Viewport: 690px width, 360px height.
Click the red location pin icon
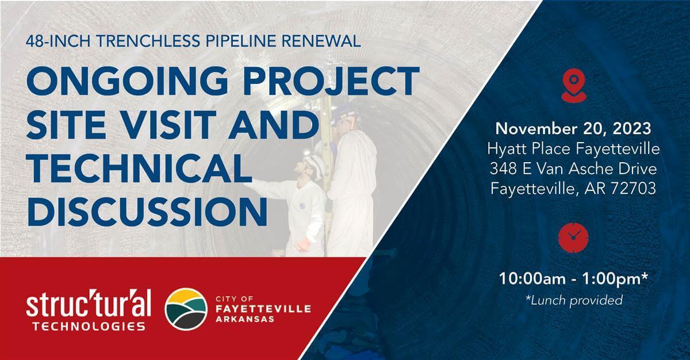pos(574,85)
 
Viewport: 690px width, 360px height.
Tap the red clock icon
pos(573,238)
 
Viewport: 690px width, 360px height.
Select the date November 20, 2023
pos(573,129)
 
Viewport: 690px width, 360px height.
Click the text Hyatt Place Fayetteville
pos(573,149)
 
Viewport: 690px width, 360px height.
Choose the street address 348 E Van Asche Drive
pos(573,168)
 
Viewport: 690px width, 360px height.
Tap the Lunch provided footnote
pos(574,300)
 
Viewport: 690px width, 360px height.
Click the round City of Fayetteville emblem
pos(186,309)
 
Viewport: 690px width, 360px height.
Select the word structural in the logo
pos(89,303)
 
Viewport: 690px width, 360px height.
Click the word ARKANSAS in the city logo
pos(245,319)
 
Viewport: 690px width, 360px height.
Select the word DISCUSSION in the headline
pos(147,212)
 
